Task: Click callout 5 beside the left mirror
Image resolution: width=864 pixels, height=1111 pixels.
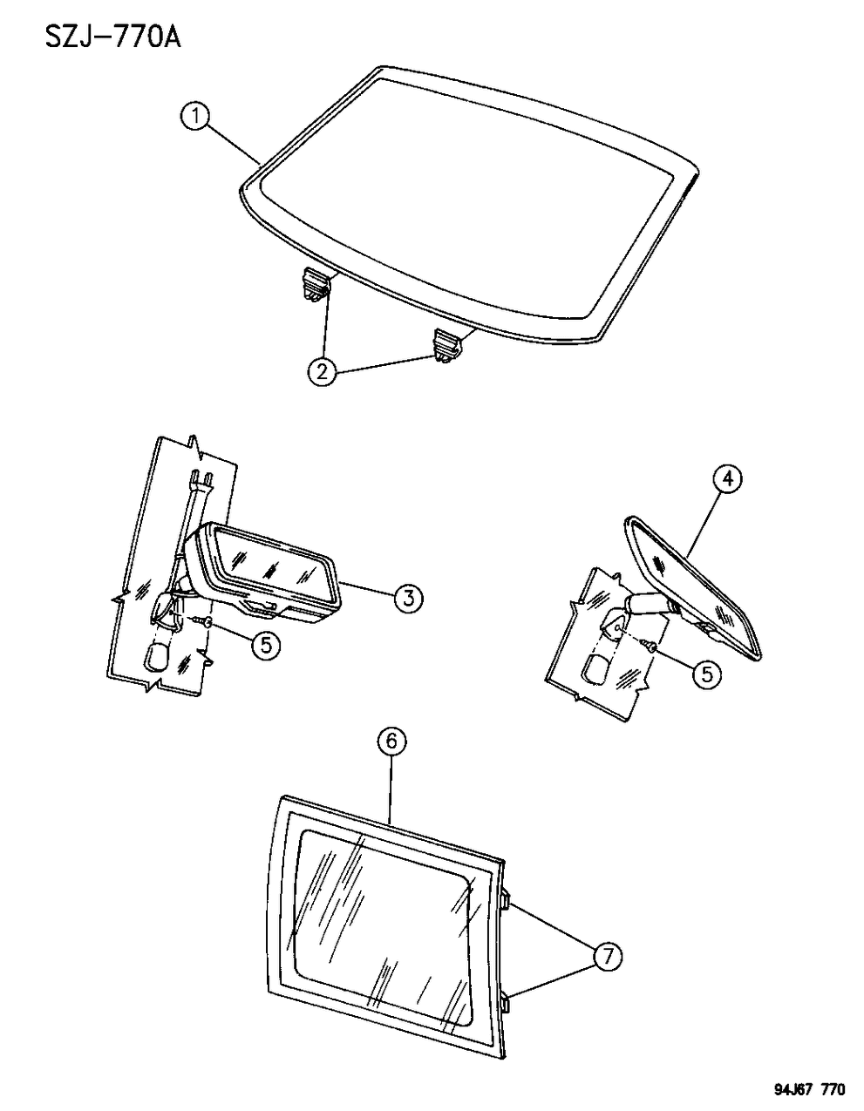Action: coord(266,645)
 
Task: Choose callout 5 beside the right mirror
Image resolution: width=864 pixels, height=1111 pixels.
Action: coord(706,674)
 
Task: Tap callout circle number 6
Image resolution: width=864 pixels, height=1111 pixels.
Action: coord(391,742)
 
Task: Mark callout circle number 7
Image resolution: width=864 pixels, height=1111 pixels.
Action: coord(607,957)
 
